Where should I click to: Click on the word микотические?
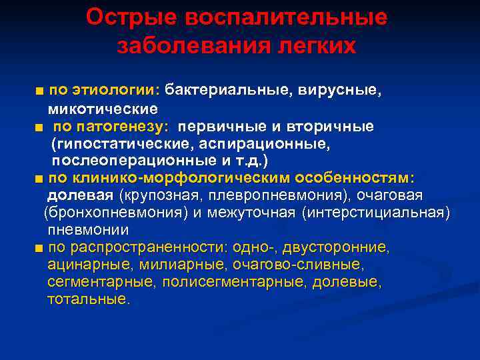click(102, 108)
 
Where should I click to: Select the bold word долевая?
click(80, 195)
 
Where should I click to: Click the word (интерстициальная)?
click(375, 213)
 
